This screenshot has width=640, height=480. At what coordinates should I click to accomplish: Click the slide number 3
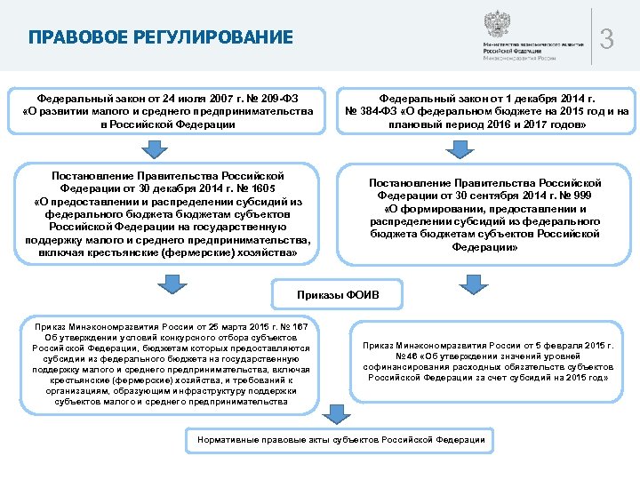607,38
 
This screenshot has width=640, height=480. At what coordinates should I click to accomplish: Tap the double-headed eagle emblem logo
497,24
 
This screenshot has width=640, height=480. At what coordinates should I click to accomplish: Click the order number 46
377,356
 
